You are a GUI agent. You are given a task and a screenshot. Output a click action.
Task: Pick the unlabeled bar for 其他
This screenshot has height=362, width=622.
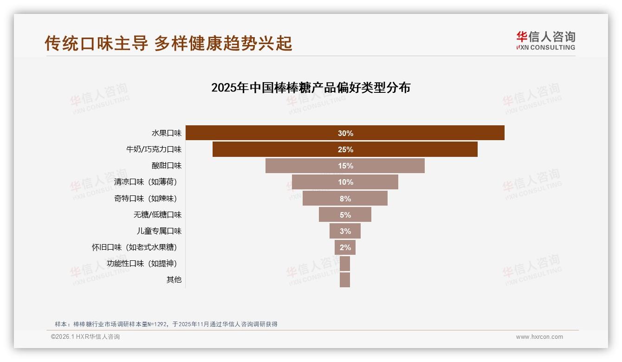click(x=345, y=280)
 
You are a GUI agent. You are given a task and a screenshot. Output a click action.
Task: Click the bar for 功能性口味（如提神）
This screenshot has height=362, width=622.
click(x=345, y=264)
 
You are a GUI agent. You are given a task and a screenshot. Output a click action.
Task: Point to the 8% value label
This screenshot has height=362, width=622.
click(x=345, y=199)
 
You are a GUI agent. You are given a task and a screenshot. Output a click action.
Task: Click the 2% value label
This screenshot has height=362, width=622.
click(x=345, y=247)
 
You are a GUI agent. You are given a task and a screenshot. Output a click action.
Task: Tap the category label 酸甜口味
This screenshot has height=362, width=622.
click(x=167, y=166)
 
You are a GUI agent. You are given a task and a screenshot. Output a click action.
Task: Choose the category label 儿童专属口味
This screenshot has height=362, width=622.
click(x=159, y=231)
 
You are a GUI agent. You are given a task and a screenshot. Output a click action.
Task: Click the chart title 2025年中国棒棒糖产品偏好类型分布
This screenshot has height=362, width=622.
click(x=311, y=88)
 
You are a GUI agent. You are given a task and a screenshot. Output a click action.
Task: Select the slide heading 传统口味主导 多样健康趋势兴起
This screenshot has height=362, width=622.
click(x=168, y=43)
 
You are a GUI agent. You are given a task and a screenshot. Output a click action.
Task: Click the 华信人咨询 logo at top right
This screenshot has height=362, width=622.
click(x=545, y=40)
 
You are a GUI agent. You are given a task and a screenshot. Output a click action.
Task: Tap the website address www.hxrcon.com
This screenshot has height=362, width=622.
click(x=539, y=337)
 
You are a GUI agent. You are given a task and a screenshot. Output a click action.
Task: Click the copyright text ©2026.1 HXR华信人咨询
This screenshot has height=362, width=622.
click(x=85, y=337)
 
